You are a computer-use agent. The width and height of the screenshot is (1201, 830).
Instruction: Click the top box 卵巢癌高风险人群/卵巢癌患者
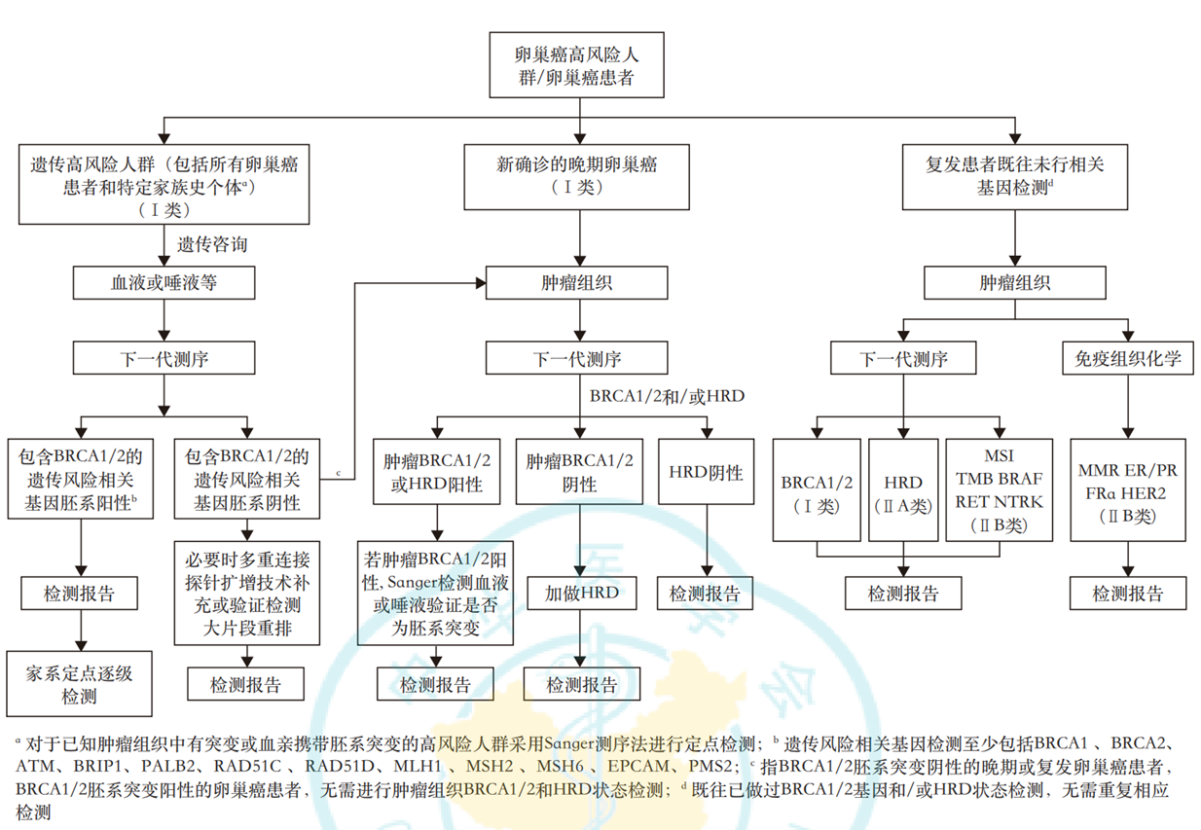point(578,64)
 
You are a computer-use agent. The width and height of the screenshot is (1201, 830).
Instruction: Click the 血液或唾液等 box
point(164,283)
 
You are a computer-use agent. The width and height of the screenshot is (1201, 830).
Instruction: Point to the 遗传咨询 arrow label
point(212,244)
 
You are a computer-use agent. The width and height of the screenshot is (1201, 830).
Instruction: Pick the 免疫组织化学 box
point(1128,359)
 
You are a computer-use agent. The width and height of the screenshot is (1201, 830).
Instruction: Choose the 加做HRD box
point(581,592)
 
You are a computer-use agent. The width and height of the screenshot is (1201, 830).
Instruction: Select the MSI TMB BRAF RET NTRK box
point(999,489)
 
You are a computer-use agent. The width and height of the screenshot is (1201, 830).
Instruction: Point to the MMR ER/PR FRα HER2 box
point(1128,489)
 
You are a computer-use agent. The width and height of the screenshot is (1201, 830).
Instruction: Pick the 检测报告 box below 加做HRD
point(581,684)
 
